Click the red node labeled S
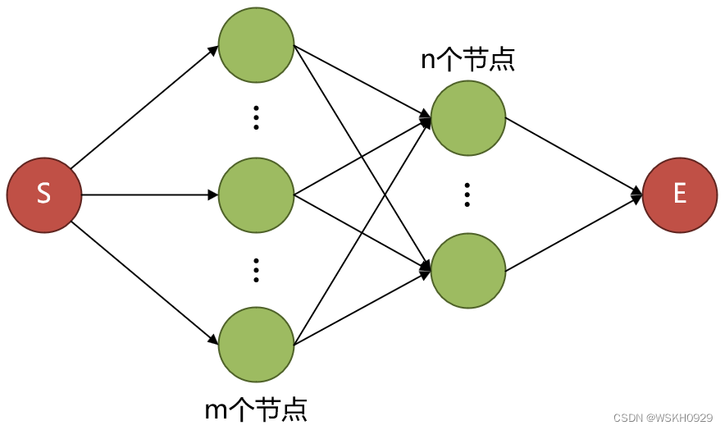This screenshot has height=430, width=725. tap(44, 195)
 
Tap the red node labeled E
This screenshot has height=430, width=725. tap(680, 194)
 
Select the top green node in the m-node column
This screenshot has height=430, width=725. tap(256, 45)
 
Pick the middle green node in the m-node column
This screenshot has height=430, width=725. tap(256, 195)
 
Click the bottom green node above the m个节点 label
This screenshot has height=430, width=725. tap(256, 345)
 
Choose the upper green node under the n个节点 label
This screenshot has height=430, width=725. tap(467, 117)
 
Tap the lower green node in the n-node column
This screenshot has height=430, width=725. tap(467, 271)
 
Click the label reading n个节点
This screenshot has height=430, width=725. tap(467, 61)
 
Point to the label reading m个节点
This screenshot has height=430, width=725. tap(256, 408)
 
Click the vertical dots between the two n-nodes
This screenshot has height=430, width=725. tap(467, 194)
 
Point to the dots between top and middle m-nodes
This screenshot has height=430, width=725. tap(256, 118)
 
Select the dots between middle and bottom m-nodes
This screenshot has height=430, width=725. tap(256, 270)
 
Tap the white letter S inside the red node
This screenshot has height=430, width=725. tap(44, 195)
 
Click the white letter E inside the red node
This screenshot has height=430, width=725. tap(680, 194)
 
